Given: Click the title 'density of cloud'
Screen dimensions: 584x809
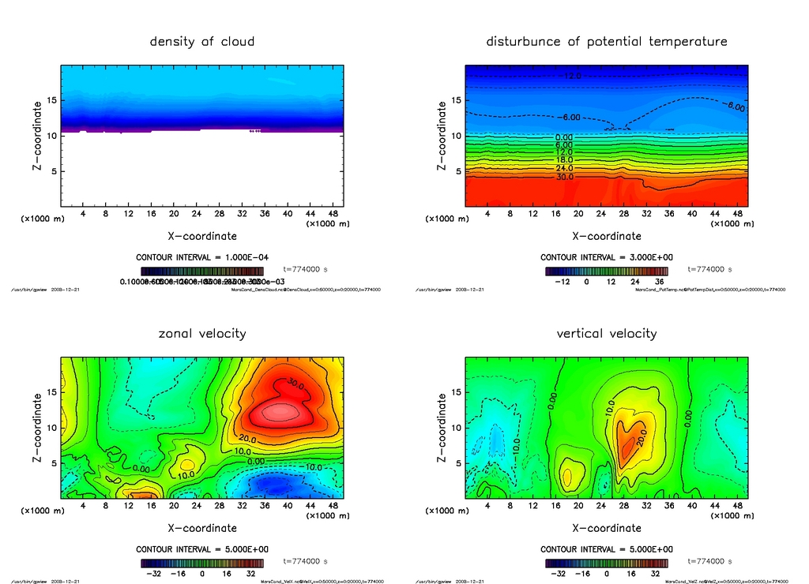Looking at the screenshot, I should pyautogui.click(x=202, y=42).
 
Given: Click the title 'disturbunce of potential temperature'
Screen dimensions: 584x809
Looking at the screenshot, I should pyautogui.click(x=607, y=42).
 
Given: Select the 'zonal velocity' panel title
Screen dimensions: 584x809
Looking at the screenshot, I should pyautogui.click(x=202, y=334).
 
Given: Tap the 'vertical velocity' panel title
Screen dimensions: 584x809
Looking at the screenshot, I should pyautogui.click(x=607, y=334).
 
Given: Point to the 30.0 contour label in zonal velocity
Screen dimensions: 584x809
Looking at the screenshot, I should pyautogui.click(x=295, y=385).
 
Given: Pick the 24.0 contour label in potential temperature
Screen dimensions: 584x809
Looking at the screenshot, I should pyautogui.click(x=564, y=168).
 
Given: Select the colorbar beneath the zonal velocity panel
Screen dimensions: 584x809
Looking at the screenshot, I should pyautogui.click(x=202, y=563).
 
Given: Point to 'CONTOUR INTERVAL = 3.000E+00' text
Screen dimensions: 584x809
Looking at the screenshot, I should pyautogui.click(x=606, y=257).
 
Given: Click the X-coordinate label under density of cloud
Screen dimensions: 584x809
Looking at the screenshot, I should pyautogui.click(x=202, y=236).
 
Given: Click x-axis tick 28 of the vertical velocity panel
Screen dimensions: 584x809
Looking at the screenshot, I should pyautogui.click(x=623, y=506).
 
